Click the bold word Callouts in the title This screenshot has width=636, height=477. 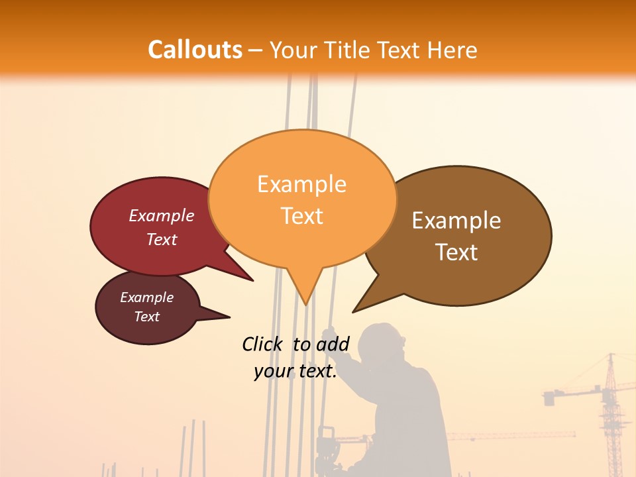point(195,50)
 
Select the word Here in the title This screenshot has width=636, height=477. point(454,50)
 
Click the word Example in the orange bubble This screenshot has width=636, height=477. point(301,184)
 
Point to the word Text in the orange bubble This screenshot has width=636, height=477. point(302,216)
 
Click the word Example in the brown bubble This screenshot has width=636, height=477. point(456,221)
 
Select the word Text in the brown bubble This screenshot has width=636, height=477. point(456,252)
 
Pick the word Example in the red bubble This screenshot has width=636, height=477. point(162,215)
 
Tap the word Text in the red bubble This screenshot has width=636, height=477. point(162,239)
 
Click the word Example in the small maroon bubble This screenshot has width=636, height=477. point(146,297)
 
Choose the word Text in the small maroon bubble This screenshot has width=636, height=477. point(146,317)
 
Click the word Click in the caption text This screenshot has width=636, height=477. point(263,344)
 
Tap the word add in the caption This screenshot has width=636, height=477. point(333,344)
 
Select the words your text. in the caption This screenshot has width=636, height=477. point(295,371)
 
